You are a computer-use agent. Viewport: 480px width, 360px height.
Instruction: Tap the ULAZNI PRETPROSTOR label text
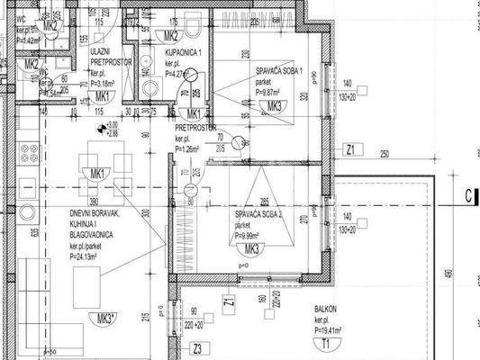110,59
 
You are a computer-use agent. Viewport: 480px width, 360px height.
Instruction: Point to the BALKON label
326,310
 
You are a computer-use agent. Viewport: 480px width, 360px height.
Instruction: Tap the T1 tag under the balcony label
323,345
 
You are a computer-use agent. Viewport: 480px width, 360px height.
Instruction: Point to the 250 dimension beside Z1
385,154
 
